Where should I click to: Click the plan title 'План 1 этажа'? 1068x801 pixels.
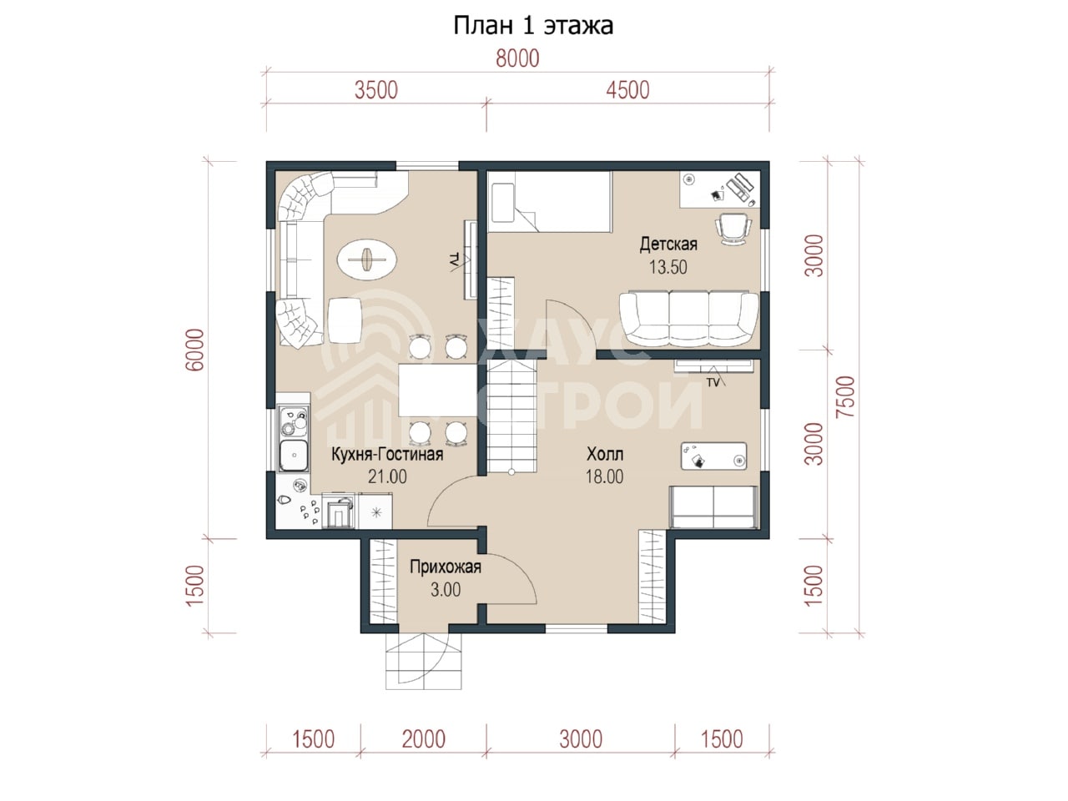(x=533, y=25)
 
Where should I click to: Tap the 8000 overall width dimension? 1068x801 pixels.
(x=517, y=59)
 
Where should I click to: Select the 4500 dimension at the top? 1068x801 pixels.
(x=627, y=90)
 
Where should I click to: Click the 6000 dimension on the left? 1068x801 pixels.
(x=195, y=350)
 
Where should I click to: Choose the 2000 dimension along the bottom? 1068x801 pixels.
(x=423, y=739)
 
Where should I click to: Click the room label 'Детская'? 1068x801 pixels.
(x=668, y=244)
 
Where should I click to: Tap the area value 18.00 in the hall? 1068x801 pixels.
(x=604, y=476)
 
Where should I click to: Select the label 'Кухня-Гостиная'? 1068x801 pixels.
(x=387, y=454)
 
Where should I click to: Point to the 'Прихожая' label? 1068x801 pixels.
(x=446, y=567)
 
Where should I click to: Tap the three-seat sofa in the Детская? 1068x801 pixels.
(x=688, y=319)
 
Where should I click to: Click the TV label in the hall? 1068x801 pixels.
(x=713, y=383)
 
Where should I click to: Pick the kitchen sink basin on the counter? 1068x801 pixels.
(x=294, y=456)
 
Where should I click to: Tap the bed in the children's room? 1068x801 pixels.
(x=550, y=201)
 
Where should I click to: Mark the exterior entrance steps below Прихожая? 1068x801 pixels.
(x=423, y=662)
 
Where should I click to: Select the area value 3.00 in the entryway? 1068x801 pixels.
(x=446, y=590)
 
